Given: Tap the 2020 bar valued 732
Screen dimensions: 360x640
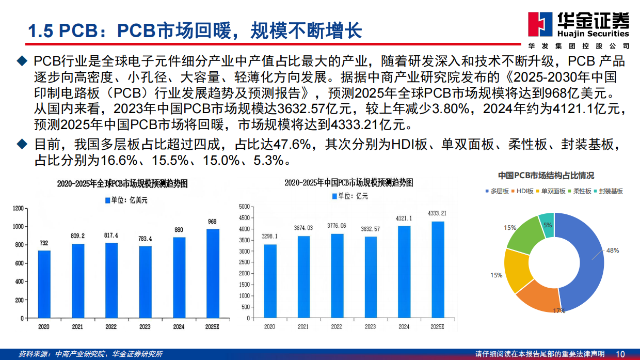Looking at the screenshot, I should click(44, 284).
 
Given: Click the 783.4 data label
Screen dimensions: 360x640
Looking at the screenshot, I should click(146, 239).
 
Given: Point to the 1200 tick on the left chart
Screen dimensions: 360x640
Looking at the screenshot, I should click(19, 208).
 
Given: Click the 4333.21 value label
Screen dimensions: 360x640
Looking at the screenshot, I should click(437, 213).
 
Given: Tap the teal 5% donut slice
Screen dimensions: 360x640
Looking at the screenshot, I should click(546, 225).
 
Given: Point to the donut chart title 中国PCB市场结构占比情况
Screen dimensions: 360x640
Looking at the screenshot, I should click(546, 176).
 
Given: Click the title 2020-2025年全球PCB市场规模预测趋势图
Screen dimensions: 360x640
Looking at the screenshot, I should click(122, 183).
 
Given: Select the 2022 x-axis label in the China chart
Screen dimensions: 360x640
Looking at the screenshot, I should click(337, 326).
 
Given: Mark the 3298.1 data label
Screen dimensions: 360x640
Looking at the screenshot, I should click(269, 236).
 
